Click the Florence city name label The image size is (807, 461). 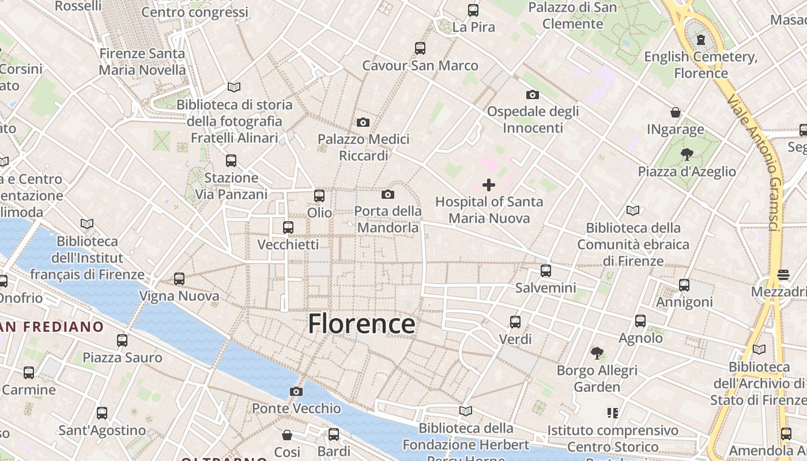[x=361, y=324]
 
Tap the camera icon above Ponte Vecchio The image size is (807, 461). [x=296, y=392]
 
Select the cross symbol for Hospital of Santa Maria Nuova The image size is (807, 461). [x=489, y=185]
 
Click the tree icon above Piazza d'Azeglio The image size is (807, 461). [x=687, y=154]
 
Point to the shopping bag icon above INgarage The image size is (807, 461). [x=675, y=112]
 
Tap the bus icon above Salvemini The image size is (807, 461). [x=545, y=270]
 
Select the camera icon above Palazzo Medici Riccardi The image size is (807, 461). [x=363, y=122]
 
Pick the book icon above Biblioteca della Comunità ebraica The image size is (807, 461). [x=633, y=210]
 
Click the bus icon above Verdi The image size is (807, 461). [x=515, y=322]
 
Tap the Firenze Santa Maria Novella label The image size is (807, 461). [x=142, y=62]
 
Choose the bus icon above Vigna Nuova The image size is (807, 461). [x=179, y=279]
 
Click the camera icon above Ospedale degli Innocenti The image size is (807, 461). [x=532, y=95]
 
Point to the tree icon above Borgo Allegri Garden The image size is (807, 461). [x=597, y=353]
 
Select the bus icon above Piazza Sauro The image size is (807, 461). [x=122, y=340]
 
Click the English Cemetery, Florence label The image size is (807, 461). [x=700, y=65]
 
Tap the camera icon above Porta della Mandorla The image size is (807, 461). [x=388, y=194]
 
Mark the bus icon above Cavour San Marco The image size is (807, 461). [x=420, y=48]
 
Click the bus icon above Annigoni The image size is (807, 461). [x=684, y=285]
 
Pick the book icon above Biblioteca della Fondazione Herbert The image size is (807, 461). [x=466, y=411]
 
